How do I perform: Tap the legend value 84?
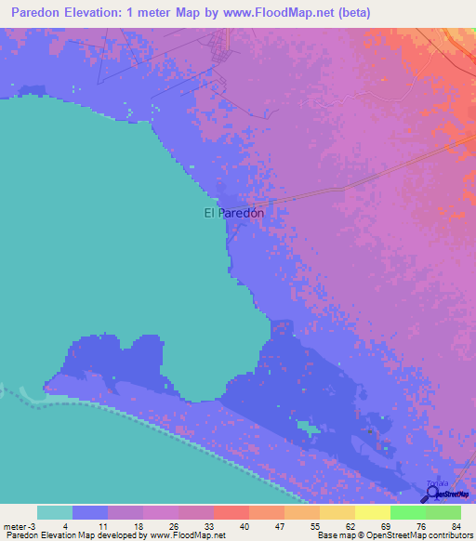pos(455,526)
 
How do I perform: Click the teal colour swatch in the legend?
pos(55,512)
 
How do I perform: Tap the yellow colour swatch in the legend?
pos(372,512)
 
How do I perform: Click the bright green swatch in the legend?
pos(407,512)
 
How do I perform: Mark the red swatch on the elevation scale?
pos(231,512)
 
